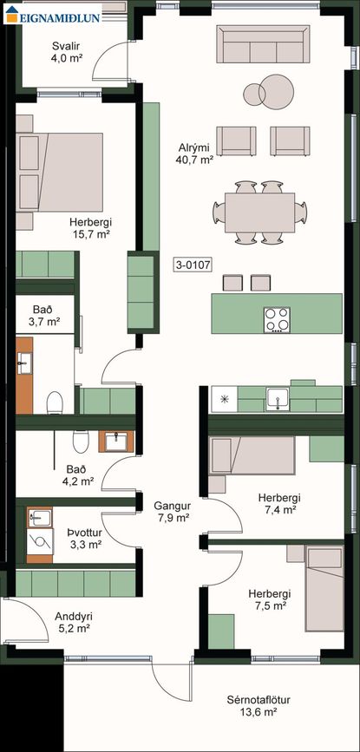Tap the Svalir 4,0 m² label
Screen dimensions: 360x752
[x=65, y=52]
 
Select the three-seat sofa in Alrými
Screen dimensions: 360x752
[x=263, y=43]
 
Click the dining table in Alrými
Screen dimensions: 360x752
[x=260, y=212]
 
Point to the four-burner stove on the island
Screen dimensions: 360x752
[x=277, y=320]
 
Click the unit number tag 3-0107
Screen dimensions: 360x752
[x=193, y=265]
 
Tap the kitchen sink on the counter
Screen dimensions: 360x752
[x=278, y=399]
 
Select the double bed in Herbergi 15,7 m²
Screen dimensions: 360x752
[x=60, y=172]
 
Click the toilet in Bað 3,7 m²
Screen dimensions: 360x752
[x=56, y=402]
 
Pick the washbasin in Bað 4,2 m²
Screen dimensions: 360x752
[x=116, y=441]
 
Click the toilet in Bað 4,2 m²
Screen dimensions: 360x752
[x=81, y=441]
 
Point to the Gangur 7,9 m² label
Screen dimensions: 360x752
[x=173, y=511]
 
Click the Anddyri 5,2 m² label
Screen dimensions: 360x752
[x=74, y=622]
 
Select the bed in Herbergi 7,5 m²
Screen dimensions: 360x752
[x=325, y=588]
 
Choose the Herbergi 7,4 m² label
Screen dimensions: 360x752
[x=276, y=503]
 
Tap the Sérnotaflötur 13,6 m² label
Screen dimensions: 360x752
[x=259, y=706]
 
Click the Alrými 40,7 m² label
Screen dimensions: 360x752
[x=194, y=154]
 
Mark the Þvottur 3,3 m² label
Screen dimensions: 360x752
[x=86, y=539]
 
